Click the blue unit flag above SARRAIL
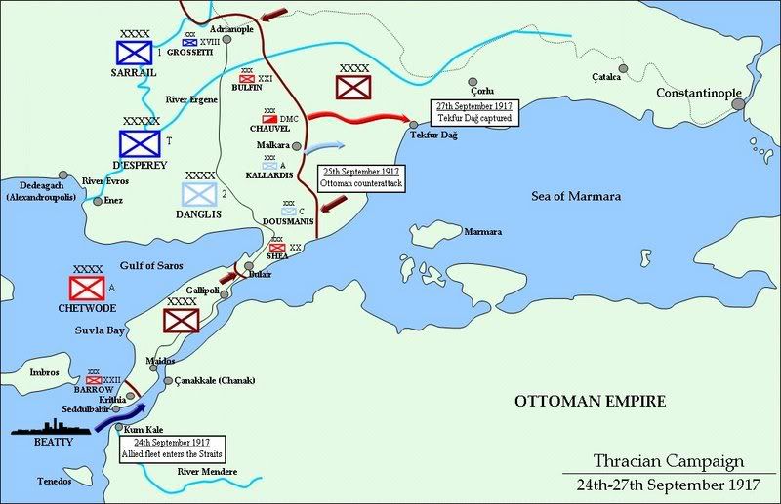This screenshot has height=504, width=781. tap(131, 51)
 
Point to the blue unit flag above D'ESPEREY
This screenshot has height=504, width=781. tap(140, 143)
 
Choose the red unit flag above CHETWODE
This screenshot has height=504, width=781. tap(87, 288)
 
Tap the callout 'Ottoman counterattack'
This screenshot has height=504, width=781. tap(361, 177)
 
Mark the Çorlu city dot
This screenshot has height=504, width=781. tap(473, 83)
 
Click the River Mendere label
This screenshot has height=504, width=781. tap(208, 472)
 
